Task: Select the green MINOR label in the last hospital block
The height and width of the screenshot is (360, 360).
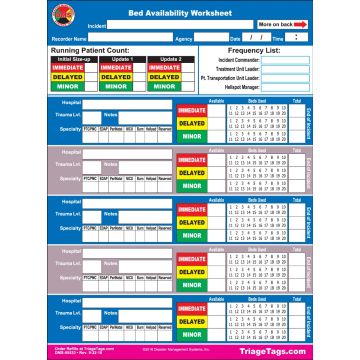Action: [191, 334]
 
